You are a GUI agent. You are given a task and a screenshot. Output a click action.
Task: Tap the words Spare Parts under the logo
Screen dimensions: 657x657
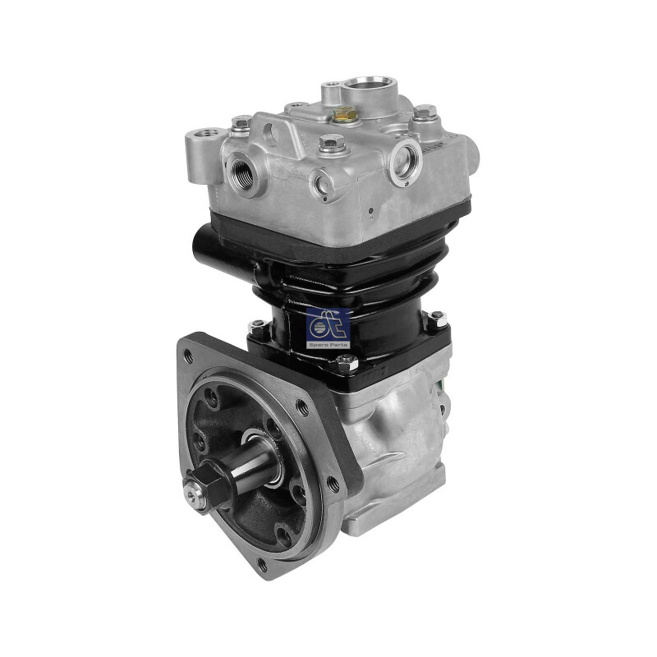[x=328, y=345]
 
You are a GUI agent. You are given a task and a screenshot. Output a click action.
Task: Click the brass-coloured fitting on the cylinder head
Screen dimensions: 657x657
[x=344, y=114]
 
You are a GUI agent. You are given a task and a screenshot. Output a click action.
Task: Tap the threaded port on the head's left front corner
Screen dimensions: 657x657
[x=242, y=172]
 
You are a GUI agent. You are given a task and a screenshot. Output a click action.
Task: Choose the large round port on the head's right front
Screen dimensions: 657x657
[x=404, y=161]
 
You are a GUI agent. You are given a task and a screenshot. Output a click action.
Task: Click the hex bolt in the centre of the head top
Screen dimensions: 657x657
[x=332, y=142]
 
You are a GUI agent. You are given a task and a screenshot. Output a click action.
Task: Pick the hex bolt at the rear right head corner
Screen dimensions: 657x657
[x=425, y=111]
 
